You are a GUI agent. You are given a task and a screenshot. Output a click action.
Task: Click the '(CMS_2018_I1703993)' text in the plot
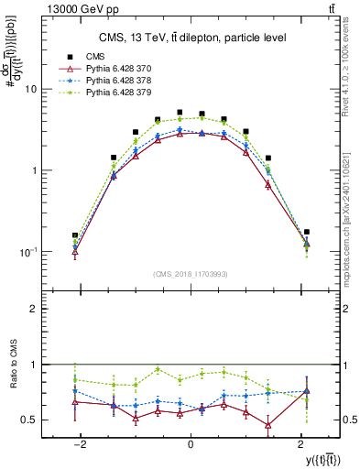(190, 274)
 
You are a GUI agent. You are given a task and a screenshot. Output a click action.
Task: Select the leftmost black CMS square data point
(75, 235)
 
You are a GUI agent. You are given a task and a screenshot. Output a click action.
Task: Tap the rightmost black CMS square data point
(306, 232)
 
